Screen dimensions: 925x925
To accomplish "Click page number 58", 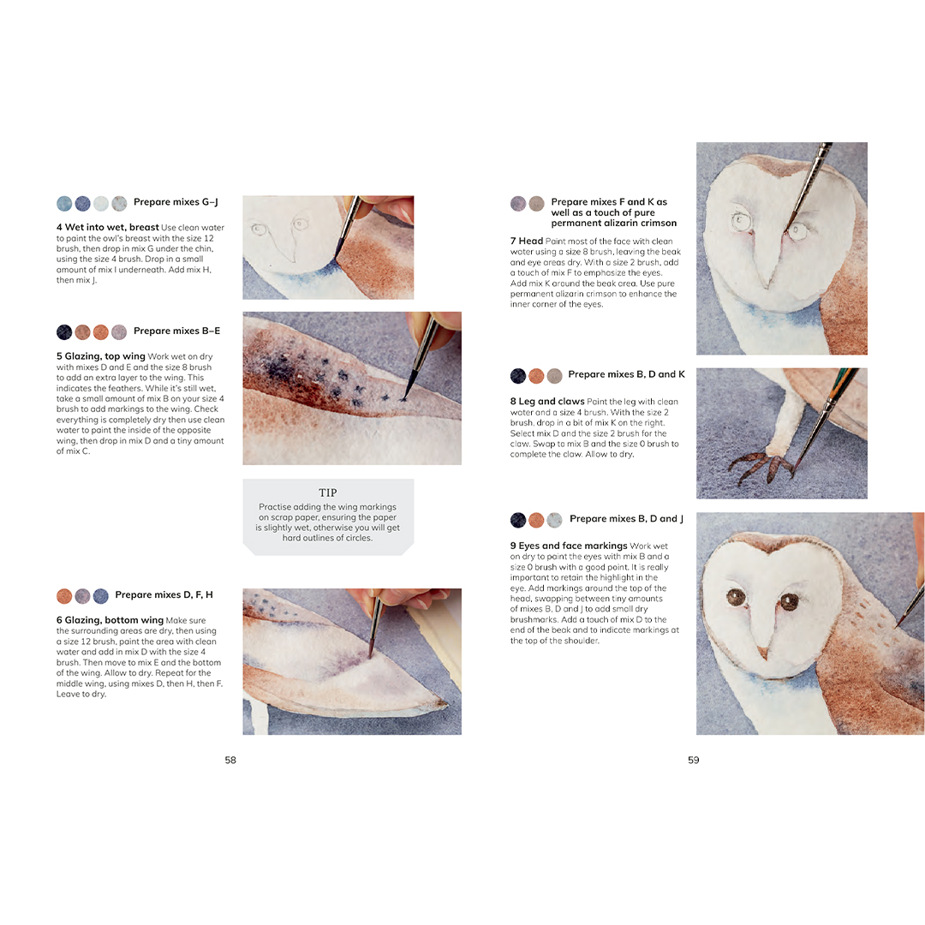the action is click(230, 760).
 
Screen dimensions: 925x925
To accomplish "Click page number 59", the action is click(693, 760).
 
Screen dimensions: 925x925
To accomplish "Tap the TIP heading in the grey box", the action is click(328, 492).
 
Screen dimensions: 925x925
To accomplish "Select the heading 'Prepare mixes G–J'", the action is click(176, 202).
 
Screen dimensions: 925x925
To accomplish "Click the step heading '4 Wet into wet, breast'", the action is click(107, 227).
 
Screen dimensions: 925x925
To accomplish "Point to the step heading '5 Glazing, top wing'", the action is click(101, 356).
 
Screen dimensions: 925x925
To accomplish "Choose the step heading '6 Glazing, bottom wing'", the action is click(110, 620).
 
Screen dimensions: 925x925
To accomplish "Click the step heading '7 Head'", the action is click(526, 241).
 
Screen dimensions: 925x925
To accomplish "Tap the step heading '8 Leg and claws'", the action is click(547, 401).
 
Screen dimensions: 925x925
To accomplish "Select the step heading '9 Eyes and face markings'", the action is click(569, 546).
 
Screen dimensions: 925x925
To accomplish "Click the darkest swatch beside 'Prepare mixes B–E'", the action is click(64, 332).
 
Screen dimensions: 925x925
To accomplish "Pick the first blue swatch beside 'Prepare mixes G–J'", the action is click(64, 204).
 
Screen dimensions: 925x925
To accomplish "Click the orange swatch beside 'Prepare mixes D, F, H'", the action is click(64, 596).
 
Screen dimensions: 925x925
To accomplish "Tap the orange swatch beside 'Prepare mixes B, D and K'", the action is click(536, 376).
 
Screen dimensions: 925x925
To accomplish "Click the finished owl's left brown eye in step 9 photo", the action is click(736, 597).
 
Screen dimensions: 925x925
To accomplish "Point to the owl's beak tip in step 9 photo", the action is click(763, 659).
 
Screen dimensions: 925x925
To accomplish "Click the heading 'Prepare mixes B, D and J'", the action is click(626, 518).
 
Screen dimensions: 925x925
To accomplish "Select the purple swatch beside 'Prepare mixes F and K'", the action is click(518, 204).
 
